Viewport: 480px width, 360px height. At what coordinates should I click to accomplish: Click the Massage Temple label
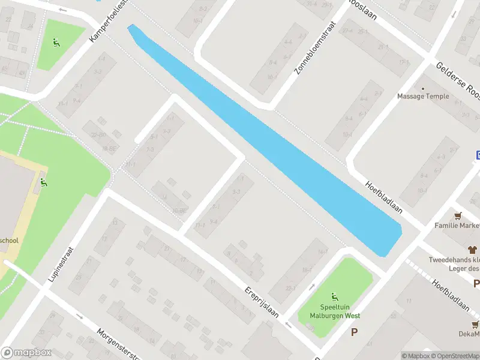[422, 96]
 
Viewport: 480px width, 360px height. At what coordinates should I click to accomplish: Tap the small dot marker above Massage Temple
[422, 88]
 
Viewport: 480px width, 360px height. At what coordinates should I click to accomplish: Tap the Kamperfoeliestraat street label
[108, 22]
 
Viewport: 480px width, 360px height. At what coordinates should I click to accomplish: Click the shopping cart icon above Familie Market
[458, 215]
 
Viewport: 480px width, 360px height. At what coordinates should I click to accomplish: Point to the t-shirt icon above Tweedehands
[472, 249]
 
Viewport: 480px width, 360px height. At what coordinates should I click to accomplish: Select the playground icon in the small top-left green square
[56, 43]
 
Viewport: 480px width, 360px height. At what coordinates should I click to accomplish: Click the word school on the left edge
[9, 239]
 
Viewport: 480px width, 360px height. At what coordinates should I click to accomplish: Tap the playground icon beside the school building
[43, 182]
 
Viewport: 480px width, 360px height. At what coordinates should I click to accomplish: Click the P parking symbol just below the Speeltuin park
[355, 331]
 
